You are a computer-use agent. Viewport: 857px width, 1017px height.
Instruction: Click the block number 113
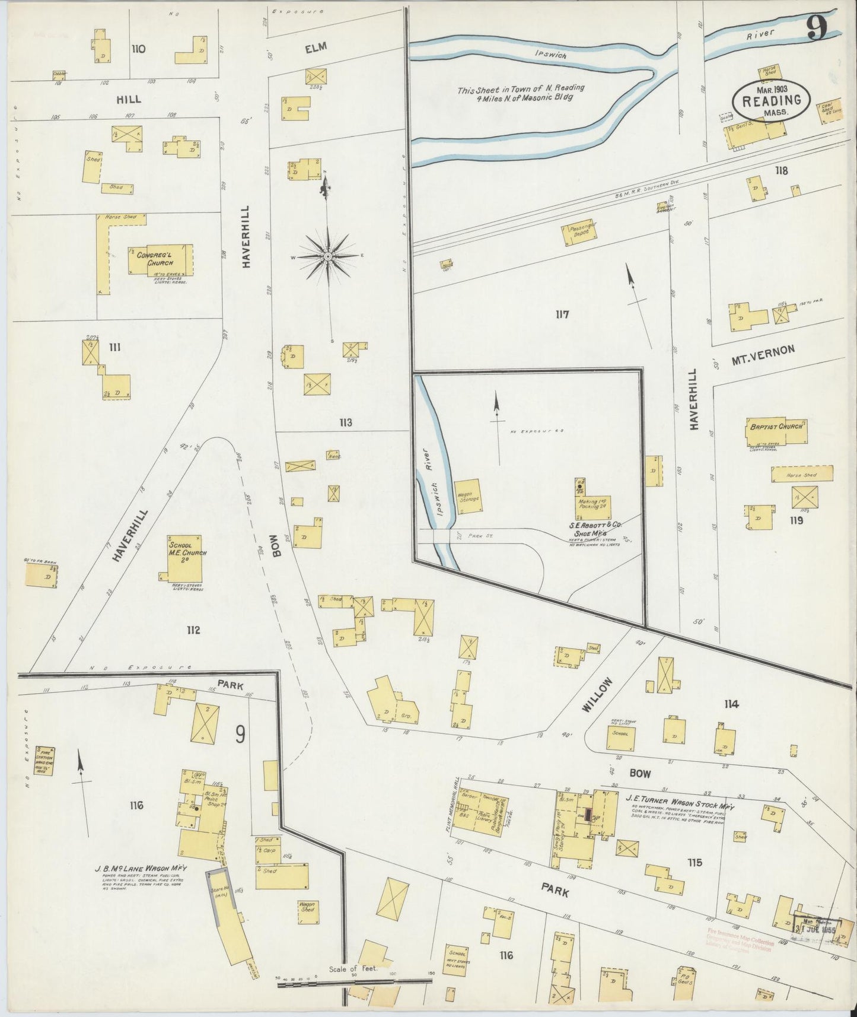pyautogui.click(x=345, y=422)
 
